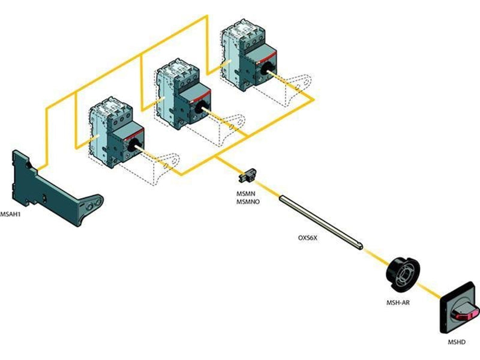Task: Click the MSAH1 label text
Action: coord(10,214)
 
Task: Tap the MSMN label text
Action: coord(245,194)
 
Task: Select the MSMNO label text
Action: coord(248,202)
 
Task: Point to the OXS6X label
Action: coord(308,237)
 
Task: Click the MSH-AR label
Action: coord(398,303)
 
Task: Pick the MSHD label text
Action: coord(457,342)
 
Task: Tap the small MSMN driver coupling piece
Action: coord(248,176)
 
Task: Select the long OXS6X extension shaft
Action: coord(321,221)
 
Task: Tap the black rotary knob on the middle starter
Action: coord(200,108)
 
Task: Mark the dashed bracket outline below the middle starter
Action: coord(233,128)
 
